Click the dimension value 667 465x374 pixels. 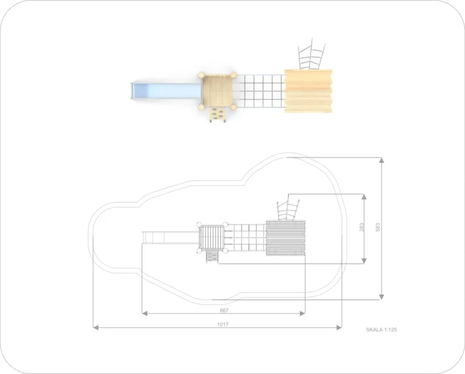[224, 310]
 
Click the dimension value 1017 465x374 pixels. [223, 324]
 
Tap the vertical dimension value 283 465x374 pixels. [361, 228]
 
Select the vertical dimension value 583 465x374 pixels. [378, 228]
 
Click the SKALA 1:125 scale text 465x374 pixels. [381, 330]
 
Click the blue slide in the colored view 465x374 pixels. [165, 90]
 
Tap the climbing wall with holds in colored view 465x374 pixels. [217, 115]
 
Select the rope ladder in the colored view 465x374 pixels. [311, 55]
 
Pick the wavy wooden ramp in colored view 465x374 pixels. [308, 91]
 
